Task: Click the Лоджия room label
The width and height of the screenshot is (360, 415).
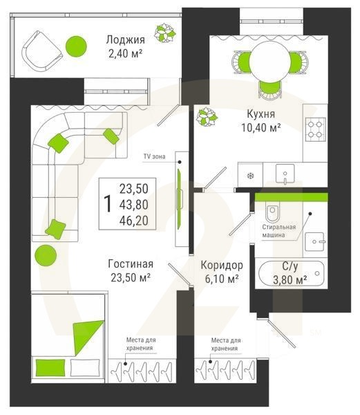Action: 126,40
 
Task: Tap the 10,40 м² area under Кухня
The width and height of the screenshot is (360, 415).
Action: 261,128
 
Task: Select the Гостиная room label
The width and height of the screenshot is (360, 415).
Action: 131,264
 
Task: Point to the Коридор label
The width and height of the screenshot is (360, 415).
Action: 222,265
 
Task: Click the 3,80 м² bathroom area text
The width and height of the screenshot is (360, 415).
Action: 290,279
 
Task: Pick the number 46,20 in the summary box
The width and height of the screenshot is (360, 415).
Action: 134,221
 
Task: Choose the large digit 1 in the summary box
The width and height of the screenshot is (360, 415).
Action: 108,204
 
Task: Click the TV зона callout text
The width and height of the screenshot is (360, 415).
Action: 154,156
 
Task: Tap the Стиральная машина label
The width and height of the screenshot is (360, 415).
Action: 279,231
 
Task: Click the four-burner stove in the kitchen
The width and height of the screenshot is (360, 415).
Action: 315,129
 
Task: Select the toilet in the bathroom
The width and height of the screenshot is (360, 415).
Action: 273,212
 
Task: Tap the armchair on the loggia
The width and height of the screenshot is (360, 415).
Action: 41,50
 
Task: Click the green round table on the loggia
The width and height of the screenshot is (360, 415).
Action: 76,46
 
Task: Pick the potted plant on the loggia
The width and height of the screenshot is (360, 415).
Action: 165,33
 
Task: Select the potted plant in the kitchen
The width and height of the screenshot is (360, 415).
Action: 207,117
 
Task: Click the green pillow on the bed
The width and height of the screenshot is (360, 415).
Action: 50,367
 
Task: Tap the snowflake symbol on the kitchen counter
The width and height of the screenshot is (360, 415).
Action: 249,176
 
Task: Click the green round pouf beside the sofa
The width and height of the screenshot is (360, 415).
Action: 46,256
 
